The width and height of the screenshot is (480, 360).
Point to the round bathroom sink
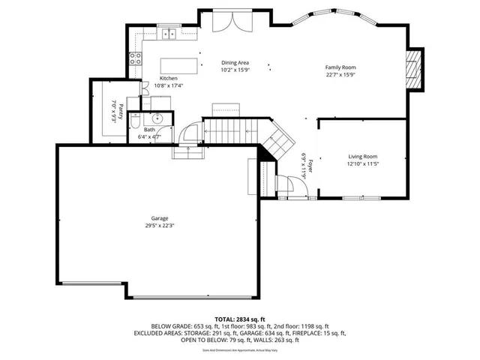click(x=157, y=118)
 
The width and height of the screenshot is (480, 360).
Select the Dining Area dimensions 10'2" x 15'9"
click(x=235, y=70)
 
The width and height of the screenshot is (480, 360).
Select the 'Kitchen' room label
click(x=169, y=78)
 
